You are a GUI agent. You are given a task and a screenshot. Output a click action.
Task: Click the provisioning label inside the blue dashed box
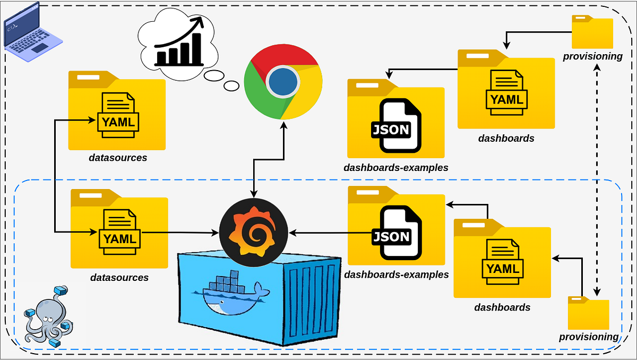(588, 337)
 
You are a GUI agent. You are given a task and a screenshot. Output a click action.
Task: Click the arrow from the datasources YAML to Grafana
(180, 233)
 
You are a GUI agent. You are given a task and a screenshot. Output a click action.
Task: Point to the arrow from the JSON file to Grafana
(329, 233)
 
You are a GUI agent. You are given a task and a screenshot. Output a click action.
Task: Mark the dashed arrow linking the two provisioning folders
(598, 181)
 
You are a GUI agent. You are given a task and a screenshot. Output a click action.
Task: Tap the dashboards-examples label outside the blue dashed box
(395, 168)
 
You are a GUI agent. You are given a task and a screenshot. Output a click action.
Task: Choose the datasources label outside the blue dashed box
(118, 158)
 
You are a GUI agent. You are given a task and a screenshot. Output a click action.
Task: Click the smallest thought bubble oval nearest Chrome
(231, 85)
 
